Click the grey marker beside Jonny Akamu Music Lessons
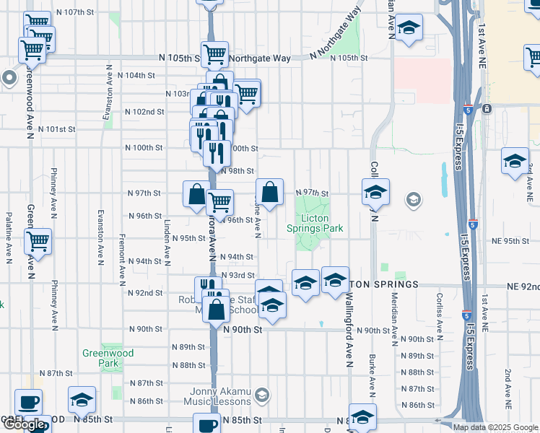[261, 395]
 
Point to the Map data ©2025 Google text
[495, 427]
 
